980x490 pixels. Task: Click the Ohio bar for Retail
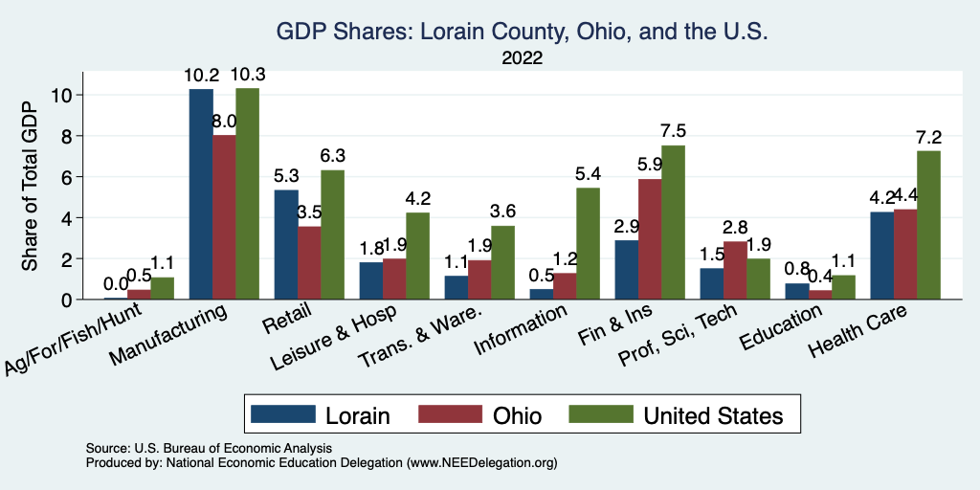[x=309, y=263]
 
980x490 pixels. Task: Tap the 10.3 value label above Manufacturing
[x=248, y=74]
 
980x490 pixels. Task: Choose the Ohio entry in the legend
[x=517, y=415]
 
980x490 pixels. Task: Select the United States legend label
[x=713, y=415]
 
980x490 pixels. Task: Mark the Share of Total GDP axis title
[x=31, y=187]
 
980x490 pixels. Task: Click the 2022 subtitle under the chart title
[x=523, y=57]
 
